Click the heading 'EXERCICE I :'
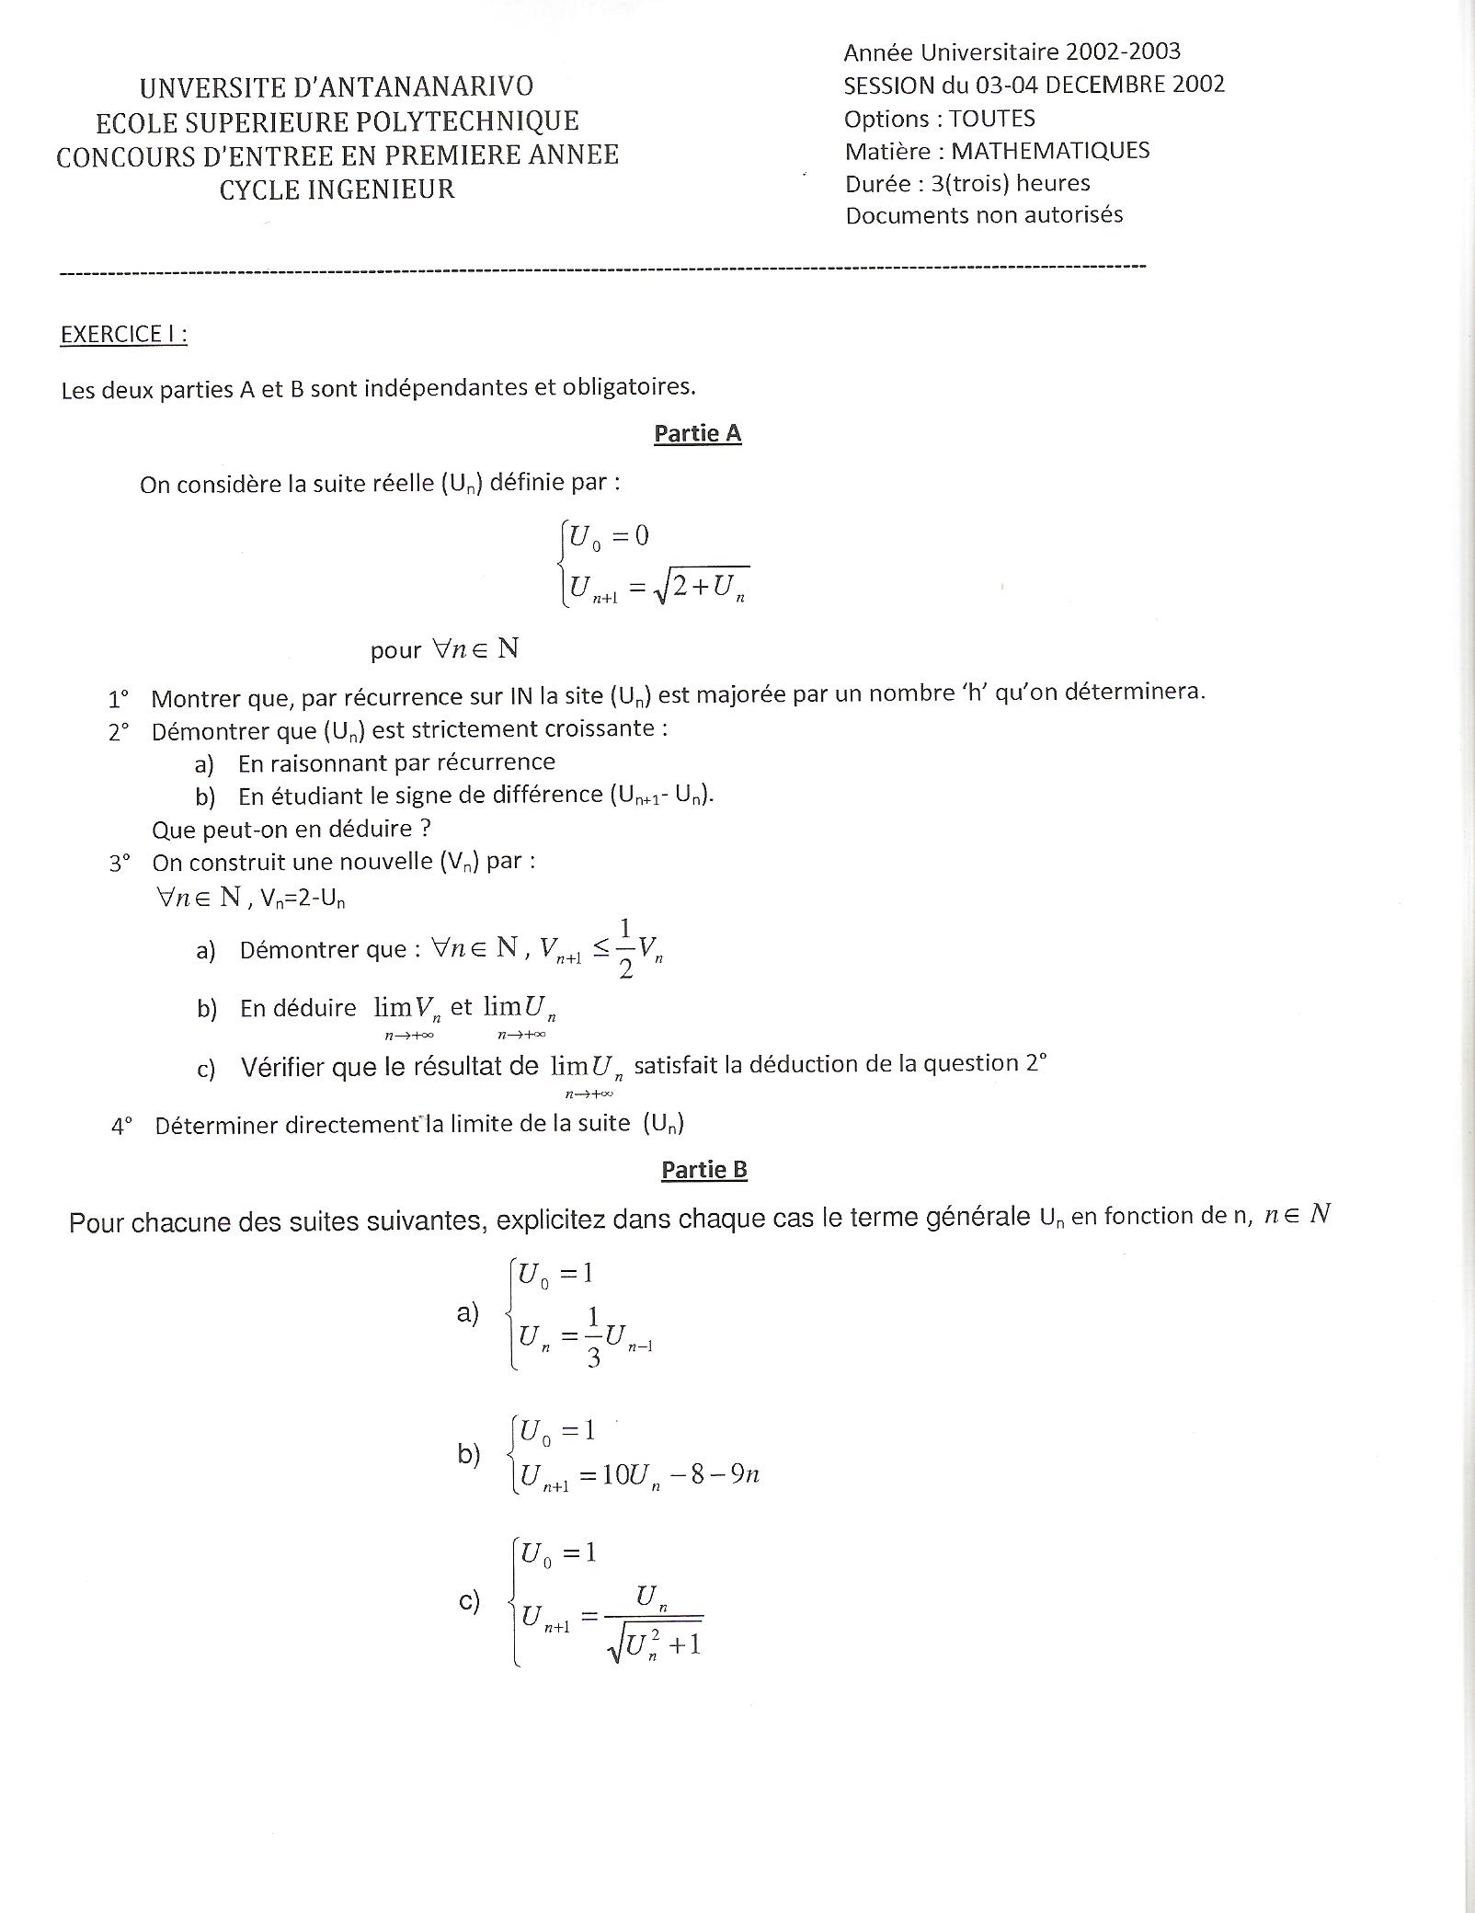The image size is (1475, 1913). (123, 335)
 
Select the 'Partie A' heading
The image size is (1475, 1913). (697, 433)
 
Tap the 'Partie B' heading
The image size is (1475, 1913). (703, 1170)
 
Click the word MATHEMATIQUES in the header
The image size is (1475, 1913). (1050, 151)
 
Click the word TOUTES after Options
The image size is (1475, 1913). (992, 119)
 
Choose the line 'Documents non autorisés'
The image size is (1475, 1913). (984, 215)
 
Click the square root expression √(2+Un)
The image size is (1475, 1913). (703, 586)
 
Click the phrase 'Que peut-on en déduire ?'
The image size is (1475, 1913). (292, 829)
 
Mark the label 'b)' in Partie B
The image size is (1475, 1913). (469, 1455)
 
